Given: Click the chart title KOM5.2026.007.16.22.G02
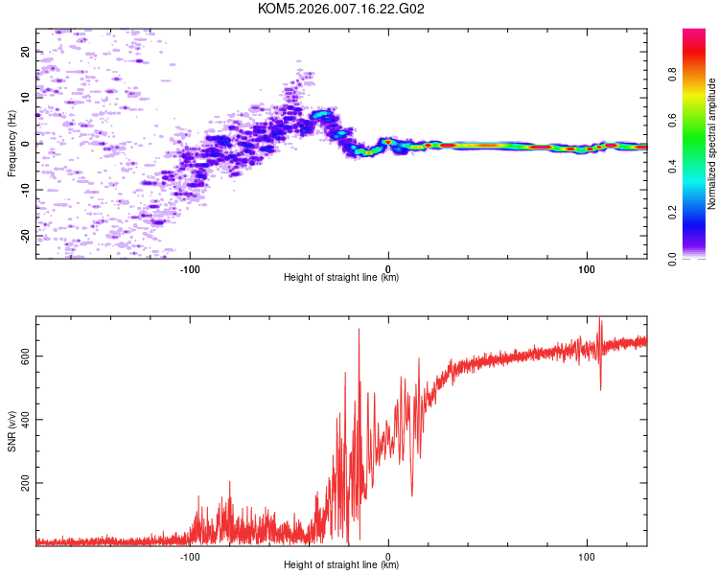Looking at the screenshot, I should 341,9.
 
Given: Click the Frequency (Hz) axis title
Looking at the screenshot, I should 12,144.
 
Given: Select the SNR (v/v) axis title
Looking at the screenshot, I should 12,431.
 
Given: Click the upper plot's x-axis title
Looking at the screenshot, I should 341,277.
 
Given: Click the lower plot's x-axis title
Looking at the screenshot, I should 341,564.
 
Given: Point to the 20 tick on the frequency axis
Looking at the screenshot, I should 26,52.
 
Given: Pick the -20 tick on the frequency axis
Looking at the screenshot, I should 26,235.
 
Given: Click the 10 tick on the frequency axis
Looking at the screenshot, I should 26,98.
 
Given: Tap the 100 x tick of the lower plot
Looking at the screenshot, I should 587,554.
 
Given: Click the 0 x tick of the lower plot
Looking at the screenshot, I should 388,554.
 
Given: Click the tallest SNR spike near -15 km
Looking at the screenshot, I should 359,330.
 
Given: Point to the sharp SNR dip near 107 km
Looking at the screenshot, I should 601,389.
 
